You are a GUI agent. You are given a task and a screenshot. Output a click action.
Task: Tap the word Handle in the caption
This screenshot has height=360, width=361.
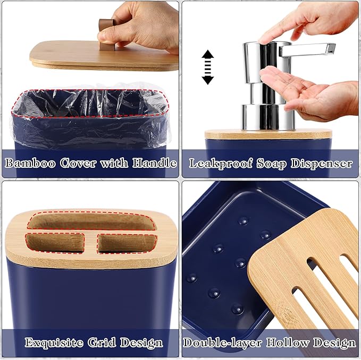click(156, 162)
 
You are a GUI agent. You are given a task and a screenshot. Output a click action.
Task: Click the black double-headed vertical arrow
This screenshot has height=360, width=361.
click(207, 67)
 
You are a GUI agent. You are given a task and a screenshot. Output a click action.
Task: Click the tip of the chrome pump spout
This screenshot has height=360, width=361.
click(331, 48)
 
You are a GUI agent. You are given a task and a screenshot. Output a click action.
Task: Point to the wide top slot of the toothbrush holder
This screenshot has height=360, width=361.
click(91, 221)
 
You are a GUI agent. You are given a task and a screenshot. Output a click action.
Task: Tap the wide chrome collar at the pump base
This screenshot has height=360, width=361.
click(268, 117)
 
